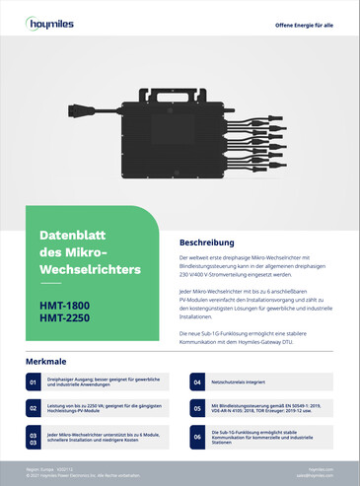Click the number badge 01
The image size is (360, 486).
coord(33,381)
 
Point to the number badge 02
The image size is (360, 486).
coord(33,406)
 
